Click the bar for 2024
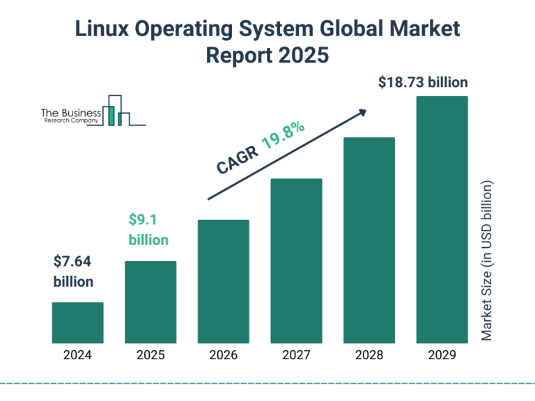click(77, 323)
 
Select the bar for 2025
click(150, 302)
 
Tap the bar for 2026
click(224, 281)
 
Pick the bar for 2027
click(296, 261)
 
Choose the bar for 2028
click(369, 240)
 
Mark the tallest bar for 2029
click(442, 220)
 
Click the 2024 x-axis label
click(77, 355)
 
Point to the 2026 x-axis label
click(224, 355)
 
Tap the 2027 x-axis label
click(296, 355)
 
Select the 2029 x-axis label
click(442, 355)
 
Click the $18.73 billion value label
click(423, 82)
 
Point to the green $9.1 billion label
click(148, 230)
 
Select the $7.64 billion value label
click(73, 272)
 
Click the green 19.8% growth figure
click(284, 136)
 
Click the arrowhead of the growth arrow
click(362, 111)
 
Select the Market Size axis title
click(487, 261)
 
